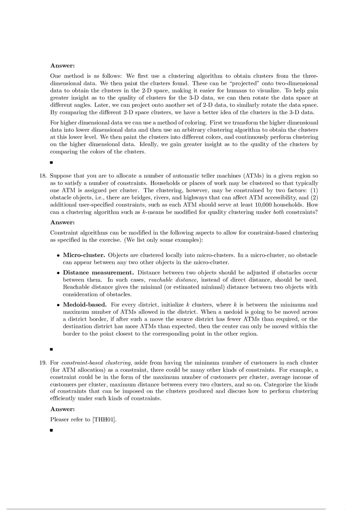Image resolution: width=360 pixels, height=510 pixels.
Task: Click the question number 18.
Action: pos(43,176)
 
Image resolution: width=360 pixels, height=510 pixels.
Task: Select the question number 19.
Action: pos(43,363)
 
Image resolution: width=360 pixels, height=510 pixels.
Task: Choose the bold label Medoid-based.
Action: pos(85,305)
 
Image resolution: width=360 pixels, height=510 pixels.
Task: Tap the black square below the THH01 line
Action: pos(52,430)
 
